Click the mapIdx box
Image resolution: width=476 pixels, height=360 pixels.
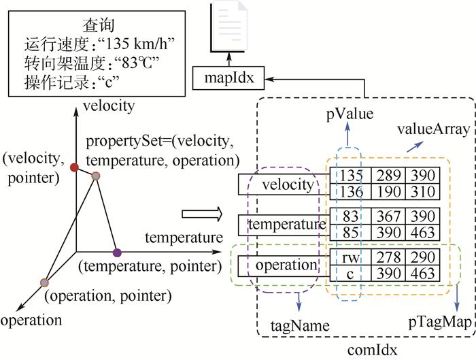pyautogui.click(x=229, y=78)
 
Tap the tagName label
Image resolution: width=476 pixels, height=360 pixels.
pyautogui.click(x=300, y=325)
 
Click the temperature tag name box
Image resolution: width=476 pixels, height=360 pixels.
pyautogui.click(x=282, y=223)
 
